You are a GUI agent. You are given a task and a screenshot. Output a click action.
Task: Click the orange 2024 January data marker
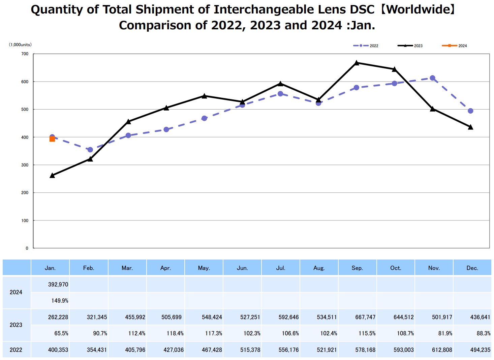(x=52, y=139)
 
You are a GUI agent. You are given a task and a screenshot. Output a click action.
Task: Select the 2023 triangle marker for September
(x=357, y=63)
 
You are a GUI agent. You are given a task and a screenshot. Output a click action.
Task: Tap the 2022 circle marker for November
(x=433, y=78)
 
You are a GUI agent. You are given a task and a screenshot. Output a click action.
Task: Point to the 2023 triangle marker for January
(x=52, y=176)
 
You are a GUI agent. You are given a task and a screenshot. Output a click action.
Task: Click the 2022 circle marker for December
(x=471, y=111)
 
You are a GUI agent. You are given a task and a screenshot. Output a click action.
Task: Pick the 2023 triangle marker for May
(x=204, y=96)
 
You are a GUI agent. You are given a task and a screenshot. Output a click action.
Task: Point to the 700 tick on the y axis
(x=25, y=54)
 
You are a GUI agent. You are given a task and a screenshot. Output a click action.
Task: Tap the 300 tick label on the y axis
(x=25, y=165)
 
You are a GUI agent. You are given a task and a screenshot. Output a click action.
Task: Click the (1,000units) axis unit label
(x=20, y=45)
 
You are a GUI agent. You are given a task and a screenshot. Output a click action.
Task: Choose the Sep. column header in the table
(x=357, y=268)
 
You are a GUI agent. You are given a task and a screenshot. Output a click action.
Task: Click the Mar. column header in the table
(x=127, y=268)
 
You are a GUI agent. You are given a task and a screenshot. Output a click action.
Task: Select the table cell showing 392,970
(x=58, y=284)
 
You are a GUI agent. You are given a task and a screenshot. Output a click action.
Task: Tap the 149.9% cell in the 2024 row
(x=60, y=301)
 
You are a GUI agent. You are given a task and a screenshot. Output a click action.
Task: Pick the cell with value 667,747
(x=365, y=317)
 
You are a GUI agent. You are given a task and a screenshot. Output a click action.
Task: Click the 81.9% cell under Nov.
(x=445, y=333)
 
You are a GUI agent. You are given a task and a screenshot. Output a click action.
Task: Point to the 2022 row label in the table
(x=16, y=350)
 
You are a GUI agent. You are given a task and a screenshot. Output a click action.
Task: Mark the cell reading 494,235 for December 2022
(x=480, y=350)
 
